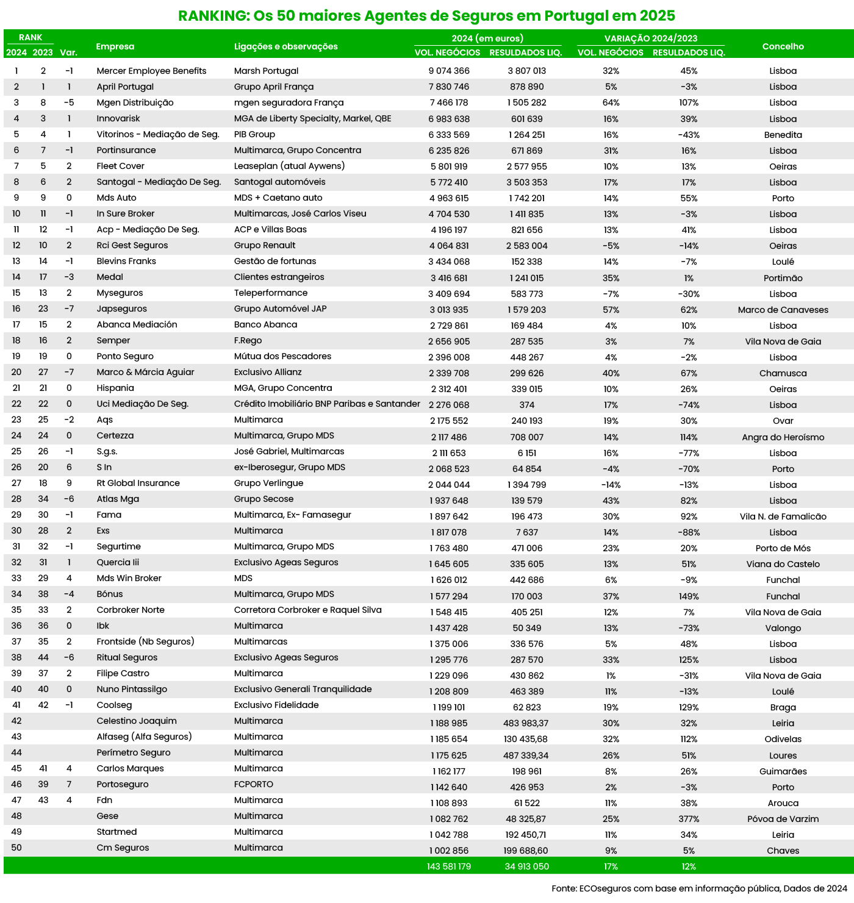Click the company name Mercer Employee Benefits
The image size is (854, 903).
151,71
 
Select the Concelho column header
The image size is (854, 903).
783,46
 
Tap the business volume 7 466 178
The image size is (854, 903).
449,102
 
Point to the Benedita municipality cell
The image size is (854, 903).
783,135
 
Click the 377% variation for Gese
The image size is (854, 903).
689,819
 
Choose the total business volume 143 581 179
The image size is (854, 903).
449,866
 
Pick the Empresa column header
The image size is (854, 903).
115,46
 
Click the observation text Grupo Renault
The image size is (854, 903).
265,245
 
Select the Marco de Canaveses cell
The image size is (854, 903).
783,310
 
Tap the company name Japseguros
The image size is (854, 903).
121,309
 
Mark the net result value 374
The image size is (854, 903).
527,405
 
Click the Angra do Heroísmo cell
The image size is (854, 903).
783,437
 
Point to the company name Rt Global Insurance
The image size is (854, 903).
138,483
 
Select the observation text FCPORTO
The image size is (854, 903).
254,784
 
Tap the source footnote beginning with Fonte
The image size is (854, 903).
699,888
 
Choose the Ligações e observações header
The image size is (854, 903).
285,46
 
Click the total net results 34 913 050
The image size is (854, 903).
527,866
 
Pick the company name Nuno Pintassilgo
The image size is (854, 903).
132,689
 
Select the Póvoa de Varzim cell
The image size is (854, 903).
783,819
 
